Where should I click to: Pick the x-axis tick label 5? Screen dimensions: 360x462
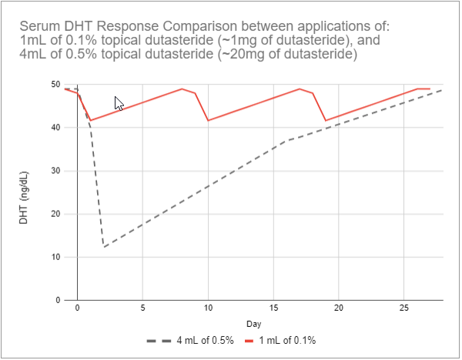point(142,308)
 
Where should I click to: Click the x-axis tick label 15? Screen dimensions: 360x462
point(273,308)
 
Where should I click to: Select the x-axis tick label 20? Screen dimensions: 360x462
point(339,308)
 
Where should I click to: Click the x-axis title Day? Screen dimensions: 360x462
point(253,323)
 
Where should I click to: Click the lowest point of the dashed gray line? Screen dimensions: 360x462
point(104,247)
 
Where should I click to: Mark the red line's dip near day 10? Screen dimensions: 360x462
point(208,121)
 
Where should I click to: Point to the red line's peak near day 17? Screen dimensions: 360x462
point(300,88)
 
